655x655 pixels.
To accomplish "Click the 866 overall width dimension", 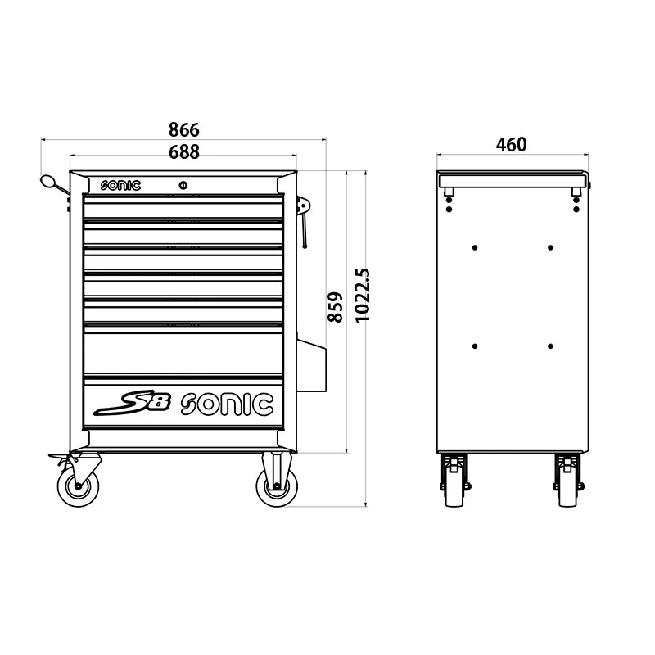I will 184,130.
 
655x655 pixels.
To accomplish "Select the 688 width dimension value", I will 184,151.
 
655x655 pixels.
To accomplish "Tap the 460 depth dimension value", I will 512,145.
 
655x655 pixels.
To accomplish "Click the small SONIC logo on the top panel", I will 121,186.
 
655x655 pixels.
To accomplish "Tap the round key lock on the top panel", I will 183,186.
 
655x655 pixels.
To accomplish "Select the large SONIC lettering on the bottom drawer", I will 227,404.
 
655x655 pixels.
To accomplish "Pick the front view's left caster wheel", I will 79,486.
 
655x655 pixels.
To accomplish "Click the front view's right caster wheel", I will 277,486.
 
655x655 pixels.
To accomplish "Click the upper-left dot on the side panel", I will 475,247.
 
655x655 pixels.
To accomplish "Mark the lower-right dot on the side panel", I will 550,346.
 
